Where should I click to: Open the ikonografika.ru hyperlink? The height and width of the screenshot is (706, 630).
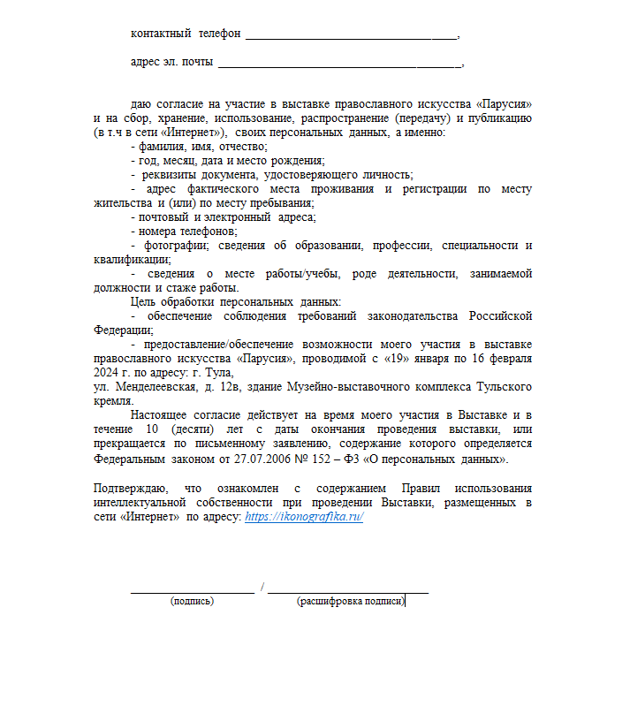(304, 516)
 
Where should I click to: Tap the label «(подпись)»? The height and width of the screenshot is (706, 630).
(192, 601)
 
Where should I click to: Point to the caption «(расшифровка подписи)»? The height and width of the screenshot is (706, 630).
(351, 601)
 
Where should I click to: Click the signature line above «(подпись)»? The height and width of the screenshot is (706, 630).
(192, 590)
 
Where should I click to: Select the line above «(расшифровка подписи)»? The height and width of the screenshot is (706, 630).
(347, 590)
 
